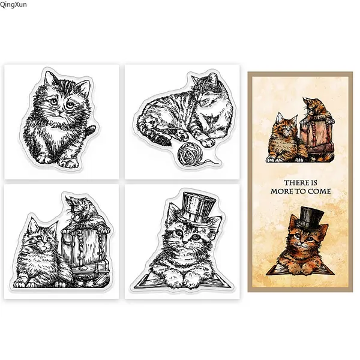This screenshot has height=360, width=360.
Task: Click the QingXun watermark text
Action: coord(13,4)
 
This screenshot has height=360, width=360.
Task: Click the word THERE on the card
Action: coord(295,183)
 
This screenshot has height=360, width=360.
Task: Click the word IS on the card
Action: coord(314,183)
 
